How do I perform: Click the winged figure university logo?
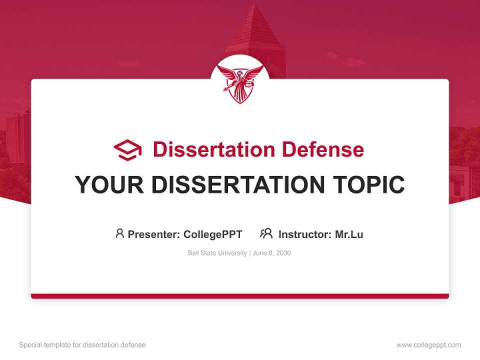pyautogui.click(x=240, y=83)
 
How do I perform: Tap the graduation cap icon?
pyautogui.click(x=127, y=150)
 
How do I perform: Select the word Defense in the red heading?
pyautogui.click(x=322, y=149)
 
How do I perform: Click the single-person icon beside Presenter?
pyautogui.click(x=119, y=233)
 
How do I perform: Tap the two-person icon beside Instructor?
pyautogui.click(x=266, y=233)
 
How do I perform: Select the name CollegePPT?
pyautogui.click(x=213, y=234)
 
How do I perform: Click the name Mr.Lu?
pyautogui.click(x=349, y=234)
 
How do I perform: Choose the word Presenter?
pyautogui.click(x=154, y=234)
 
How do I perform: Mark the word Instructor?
pyautogui.click(x=305, y=234)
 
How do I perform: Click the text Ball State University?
pyautogui.click(x=217, y=253)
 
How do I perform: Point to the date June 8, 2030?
pyautogui.click(x=271, y=253)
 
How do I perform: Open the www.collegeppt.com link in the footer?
pyautogui.click(x=428, y=345)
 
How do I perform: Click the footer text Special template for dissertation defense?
pyautogui.click(x=82, y=345)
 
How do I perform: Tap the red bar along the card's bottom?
pyautogui.click(x=240, y=296)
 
